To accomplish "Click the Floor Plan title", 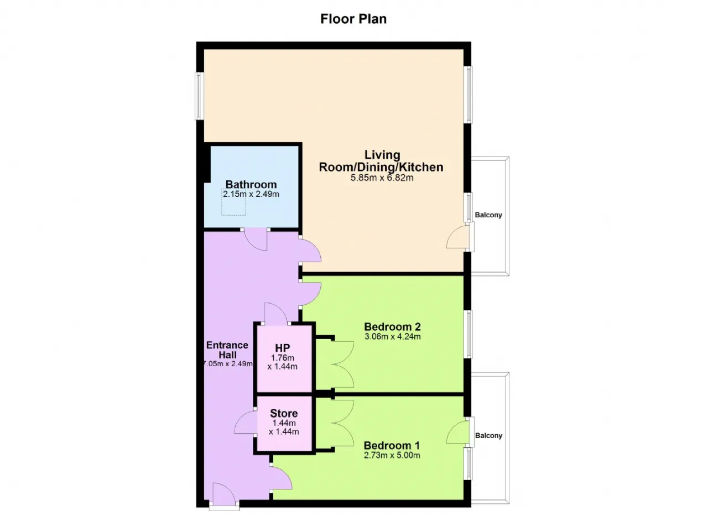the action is [353, 19].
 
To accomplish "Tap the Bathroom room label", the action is [251, 184].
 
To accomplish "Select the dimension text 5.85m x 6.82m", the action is [382, 178].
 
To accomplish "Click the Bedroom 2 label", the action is [392, 326].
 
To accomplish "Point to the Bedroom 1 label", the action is [392, 445].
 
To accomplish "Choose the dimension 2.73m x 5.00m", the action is [392, 455].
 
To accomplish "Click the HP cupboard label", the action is [282, 348].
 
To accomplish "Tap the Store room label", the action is [284, 413].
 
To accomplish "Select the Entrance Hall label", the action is [227, 350].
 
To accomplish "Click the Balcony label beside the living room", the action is [488, 215].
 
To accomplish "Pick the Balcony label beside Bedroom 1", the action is [488, 436].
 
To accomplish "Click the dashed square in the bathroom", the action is [233, 202].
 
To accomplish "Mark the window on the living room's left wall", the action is [199, 96].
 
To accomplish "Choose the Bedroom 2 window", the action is [468, 334].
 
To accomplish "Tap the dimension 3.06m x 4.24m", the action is [393, 336].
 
